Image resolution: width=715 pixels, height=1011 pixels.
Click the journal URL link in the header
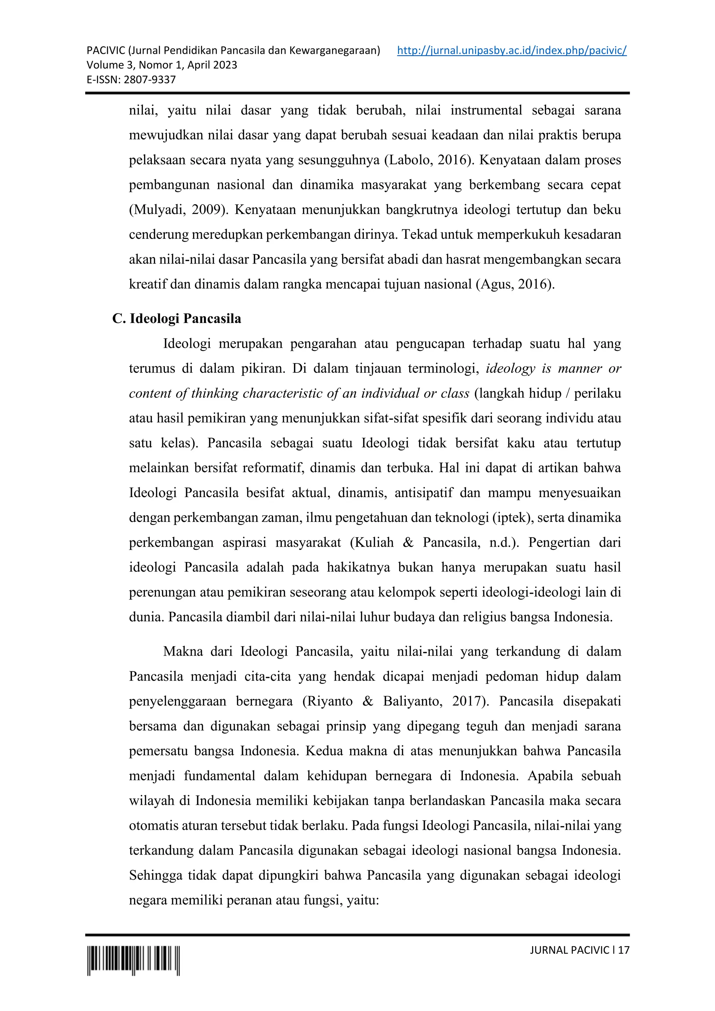[511, 51]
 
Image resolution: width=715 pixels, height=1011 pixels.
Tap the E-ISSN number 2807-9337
[150, 80]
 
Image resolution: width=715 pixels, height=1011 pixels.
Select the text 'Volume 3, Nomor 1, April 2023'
[162, 65]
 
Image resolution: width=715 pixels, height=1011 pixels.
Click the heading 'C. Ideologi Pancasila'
[177, 318]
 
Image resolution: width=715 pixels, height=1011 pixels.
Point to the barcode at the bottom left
[133, 960]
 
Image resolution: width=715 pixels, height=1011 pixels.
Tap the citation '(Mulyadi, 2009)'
[179, 209]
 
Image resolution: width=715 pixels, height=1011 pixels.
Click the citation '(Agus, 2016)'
[514, 284]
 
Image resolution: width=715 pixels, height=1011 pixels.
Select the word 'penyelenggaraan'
[177, 701]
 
